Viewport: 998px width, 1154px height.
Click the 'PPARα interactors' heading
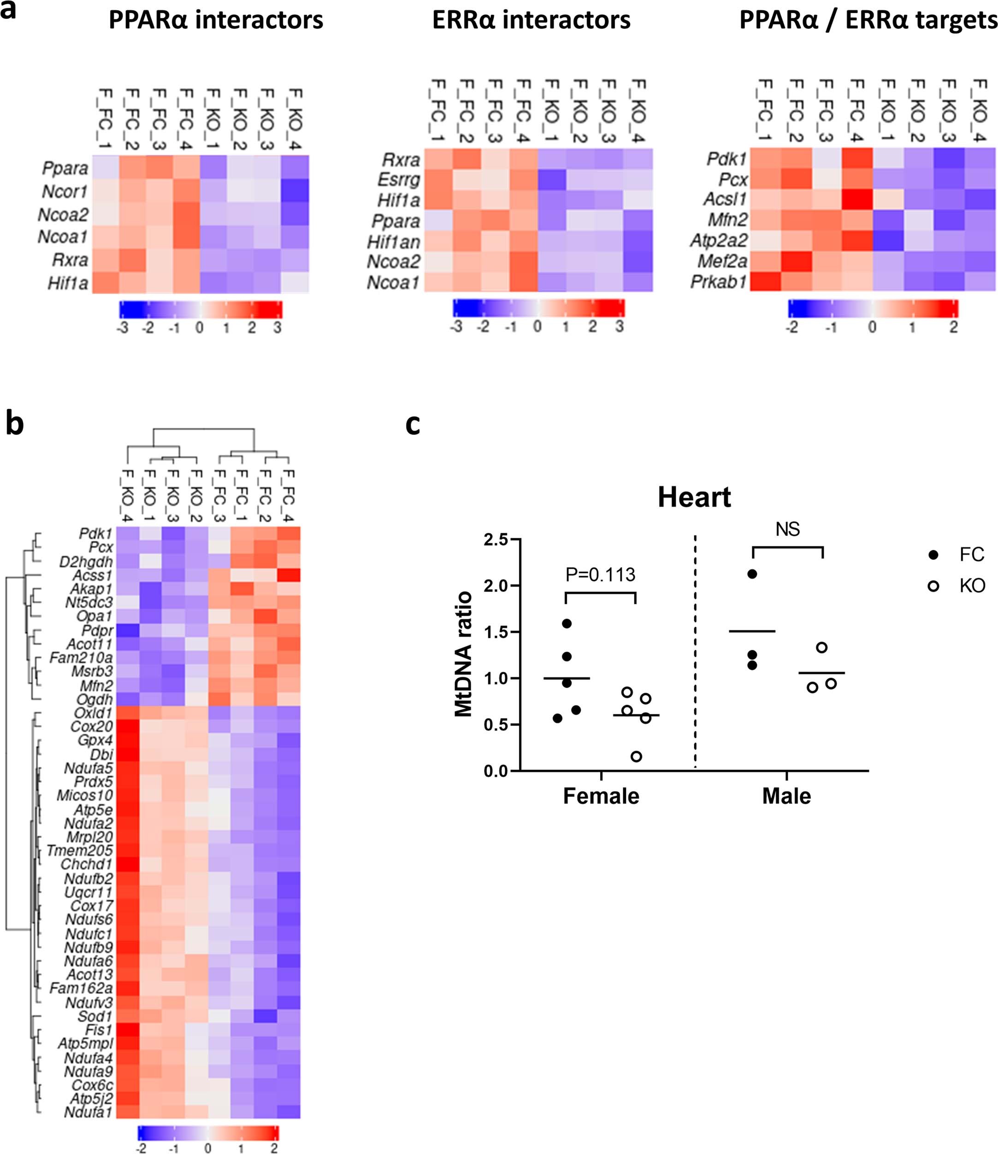pyautogui.click(x=216, y=20)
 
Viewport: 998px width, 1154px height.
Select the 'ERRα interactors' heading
pyautogui.click(x=531, y=20)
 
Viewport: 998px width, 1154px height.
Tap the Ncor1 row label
pyautogui.click(x=65, y=192)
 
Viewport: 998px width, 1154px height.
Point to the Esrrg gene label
pyautogui.click(x=398, y=180)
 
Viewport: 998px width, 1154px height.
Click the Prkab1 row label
pyautogui.click(x=718, y=282)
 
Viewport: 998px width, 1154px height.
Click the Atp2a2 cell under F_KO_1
pyautogui.click(x=886, y=241)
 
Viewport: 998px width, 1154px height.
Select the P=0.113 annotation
pyautogui.click(x=600, y=574)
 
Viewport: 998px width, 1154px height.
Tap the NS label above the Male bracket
pyautogui.click(x=787, y=529)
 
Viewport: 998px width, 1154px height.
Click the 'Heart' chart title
pyautogui.click(x=694, y=497)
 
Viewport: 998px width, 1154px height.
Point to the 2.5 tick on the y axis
pyautogui.click(x=496, y=540)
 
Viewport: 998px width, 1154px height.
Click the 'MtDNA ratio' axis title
pyautogui.click(x=464, y=654)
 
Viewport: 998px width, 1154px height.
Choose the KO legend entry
pyautogui.click(x=972, y=585)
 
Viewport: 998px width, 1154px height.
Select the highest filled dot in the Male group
pyautogui.click(x=752, y=574)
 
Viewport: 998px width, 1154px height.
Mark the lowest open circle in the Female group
pyautogui.click(x=636, y=756)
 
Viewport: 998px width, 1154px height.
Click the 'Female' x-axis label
pyautogui.click(x=601, y=796)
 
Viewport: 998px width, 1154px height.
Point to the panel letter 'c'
pyautogui.click(x=413, y=424)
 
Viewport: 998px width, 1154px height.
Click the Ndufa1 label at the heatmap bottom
pyautogui.click(x=88, y=1112)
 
